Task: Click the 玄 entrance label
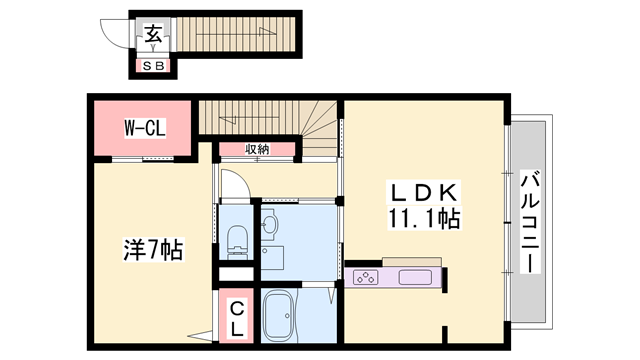point(154,34)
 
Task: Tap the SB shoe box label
point(154,66)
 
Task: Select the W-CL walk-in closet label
point(144,128)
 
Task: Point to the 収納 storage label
point(257,149)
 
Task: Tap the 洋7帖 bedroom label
point(152,250)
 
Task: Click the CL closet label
point(238,317)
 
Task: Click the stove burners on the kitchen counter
point(365,277)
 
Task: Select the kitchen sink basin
point(415,277)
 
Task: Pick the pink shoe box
point(154,66)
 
